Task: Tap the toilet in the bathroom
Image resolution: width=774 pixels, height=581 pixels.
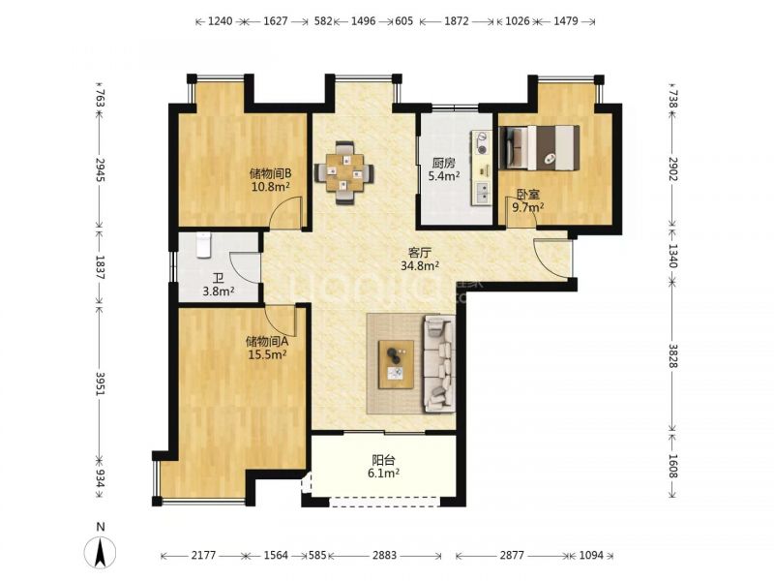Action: (204, 245)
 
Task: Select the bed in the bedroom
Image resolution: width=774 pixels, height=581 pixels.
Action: (539, 148)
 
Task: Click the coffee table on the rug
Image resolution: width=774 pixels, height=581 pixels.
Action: (396, 364)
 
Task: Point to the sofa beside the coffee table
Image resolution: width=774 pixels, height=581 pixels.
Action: (438, 364)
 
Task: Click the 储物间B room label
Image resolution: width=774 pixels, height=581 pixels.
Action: (271, 173)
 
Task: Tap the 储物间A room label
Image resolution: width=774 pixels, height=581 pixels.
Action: (267, 341)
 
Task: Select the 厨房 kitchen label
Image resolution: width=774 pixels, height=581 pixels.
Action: (443, 163)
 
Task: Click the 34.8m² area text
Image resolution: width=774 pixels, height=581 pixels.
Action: (420, 266)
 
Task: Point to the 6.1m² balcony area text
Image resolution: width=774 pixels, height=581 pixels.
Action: (383, 474)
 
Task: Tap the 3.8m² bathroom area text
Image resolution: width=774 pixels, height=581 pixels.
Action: (219, 291)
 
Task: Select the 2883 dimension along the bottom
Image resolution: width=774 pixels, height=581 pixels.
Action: (384, 555)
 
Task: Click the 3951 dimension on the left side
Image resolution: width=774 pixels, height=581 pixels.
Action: (101, 383)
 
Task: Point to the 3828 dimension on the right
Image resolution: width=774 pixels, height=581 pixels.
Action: (673, 355)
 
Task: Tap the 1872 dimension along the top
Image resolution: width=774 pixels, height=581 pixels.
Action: (456, 21)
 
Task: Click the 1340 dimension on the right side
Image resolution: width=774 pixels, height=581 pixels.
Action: (673, 255)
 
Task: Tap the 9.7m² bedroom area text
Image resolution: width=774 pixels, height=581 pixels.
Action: (527, 207)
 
